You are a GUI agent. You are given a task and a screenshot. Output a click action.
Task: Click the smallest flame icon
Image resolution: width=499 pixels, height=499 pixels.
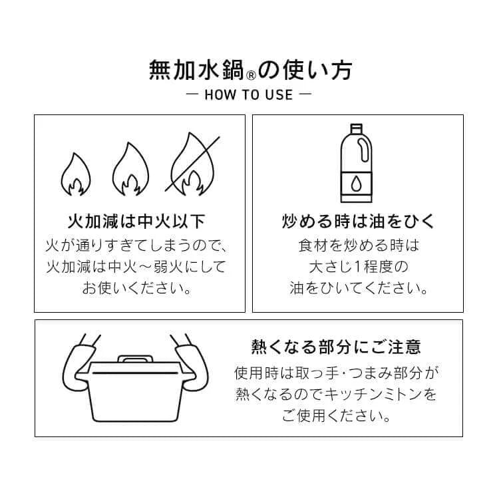76,174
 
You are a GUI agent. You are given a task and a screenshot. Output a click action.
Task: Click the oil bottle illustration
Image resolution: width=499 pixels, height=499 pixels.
356,163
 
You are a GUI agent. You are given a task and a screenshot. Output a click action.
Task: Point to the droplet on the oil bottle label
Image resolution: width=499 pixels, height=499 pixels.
356,184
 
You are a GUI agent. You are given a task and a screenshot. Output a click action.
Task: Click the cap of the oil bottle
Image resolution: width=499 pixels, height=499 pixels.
356,128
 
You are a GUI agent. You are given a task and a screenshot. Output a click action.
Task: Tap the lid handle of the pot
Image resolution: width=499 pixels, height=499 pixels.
135,359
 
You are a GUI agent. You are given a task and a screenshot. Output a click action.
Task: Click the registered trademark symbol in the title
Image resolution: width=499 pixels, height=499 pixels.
251,75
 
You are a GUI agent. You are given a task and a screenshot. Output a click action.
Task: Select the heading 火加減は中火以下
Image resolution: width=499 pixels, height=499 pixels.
136,221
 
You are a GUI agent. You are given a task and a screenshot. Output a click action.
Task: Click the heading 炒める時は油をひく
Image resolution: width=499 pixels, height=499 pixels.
358,221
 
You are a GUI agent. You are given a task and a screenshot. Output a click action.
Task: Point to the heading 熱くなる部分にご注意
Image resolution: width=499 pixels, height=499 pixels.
336,347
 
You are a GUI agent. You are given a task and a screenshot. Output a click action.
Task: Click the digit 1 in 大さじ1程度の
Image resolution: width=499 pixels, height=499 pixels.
358,267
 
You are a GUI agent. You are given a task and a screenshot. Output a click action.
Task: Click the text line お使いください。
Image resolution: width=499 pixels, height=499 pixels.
137,288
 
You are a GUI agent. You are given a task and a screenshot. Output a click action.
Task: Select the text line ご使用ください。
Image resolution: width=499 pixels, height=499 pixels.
336,416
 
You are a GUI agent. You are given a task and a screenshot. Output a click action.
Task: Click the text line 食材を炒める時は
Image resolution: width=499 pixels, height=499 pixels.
359,246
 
